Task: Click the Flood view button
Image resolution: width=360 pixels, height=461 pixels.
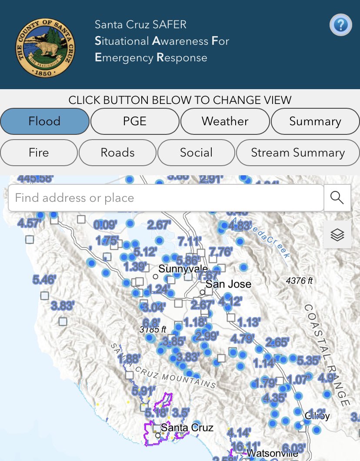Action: tap(45, 121)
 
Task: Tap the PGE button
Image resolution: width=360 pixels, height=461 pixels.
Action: tap(135, 121)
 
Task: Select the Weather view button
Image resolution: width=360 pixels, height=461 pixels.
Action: tap(225, 121)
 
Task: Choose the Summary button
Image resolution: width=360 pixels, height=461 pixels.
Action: tap(315, 121)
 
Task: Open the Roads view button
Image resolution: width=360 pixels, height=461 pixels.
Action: tap(117, 153)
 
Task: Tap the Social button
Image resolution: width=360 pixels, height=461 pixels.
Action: tap(196, 153)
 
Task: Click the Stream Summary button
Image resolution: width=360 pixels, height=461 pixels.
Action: tap(298, 153)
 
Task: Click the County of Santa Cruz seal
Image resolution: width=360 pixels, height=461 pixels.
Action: tap(45, 47)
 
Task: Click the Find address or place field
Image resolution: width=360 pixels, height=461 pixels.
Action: tap(165, 198)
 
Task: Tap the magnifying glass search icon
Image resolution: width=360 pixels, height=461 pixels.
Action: tap(337, 198)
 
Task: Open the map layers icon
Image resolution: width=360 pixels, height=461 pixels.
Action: tap(337, 234)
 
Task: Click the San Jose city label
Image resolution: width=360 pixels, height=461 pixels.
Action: tap(228, 284)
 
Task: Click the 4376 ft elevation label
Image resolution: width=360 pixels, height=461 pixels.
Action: tap(299, 281)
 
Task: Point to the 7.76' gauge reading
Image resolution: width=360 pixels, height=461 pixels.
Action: tap(221, 251)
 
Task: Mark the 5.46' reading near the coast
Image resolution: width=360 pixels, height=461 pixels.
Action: tap(44, 280)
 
